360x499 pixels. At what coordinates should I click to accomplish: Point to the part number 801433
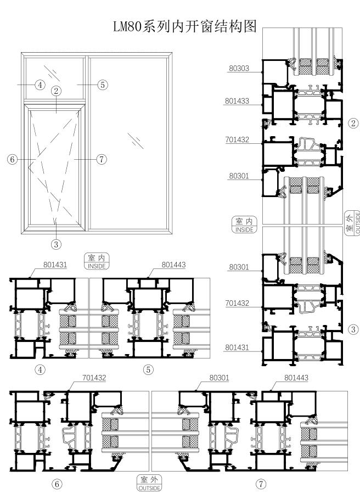[x=237, y=101]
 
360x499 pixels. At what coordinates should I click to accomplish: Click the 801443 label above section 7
[x=296, y=378]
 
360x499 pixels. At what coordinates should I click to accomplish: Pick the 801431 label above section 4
[x=55, y=265]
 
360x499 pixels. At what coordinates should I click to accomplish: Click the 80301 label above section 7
[x=220, y=378]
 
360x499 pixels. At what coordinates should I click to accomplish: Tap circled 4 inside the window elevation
[x=40, y=85]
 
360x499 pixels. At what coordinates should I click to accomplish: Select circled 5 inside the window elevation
[x=102, y=85]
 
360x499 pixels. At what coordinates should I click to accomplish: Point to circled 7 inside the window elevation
[x=101, y=160]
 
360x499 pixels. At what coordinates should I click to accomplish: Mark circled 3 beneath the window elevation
[x=57, y=243]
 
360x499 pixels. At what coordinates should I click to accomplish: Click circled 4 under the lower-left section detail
[x=40, y=369]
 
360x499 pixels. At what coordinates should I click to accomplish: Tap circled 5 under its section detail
[x=148, y=369]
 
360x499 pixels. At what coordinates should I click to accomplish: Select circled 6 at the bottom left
[x=57, y=484]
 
